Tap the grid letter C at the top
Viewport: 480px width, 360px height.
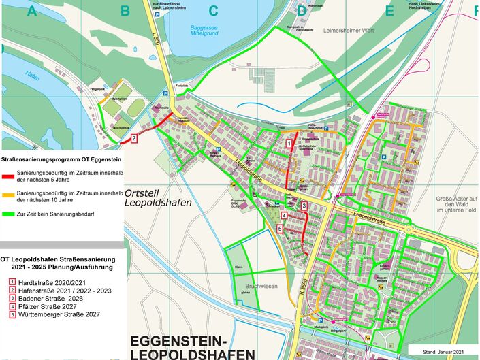[212, 10]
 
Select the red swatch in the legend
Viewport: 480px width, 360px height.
[10, 176]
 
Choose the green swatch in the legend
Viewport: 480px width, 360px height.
[10, 215]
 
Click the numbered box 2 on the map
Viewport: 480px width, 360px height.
[134, 139]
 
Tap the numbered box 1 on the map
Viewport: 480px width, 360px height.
[289, 144]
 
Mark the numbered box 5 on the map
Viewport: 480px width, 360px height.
[280, 229]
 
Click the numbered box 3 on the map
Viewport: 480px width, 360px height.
[304, 206]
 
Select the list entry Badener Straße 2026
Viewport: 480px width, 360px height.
[49, 298]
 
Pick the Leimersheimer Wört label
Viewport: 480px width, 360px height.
[351, 31]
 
